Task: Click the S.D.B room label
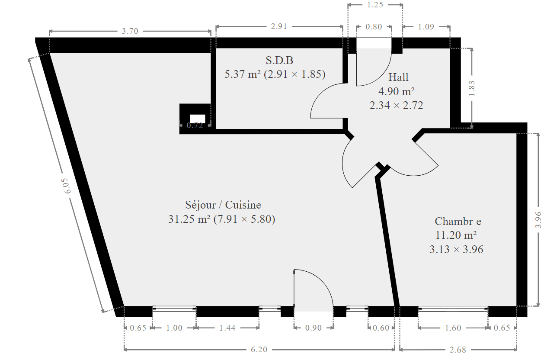[279, 60]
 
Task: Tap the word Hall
[398, 77]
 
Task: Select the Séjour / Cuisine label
[223, 205]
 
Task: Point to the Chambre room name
[458, 221]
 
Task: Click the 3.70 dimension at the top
[130, 31]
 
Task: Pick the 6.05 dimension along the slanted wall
[67, 186]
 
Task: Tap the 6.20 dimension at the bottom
[259, 349]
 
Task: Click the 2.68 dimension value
[458, 349]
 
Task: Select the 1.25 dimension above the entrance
[375, 4]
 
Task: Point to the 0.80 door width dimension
[374, 26]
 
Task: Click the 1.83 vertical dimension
[471, 88]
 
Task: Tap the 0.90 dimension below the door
[313, 328]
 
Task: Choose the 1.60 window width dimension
[453, 328]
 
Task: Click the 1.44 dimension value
[227, 328]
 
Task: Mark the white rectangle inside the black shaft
[198, 119]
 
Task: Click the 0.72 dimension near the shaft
[195, 125]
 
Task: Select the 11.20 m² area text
[456, 235]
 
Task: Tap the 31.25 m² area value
[189, 219]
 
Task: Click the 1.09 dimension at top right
[426, 26]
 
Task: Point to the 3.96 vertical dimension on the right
[538, 220]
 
